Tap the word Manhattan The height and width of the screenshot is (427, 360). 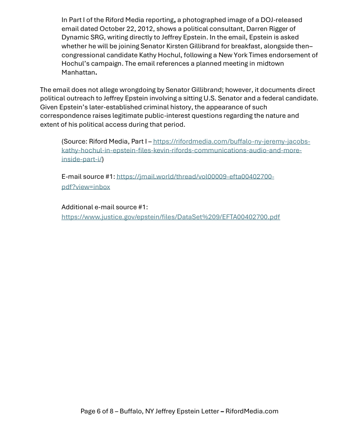coord(78,72)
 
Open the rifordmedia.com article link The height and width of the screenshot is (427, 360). coord(186,150)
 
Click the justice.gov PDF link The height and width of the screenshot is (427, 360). coord(171,217)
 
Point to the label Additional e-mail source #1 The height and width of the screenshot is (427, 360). coord(105,207)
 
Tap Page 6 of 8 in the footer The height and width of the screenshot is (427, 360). coord(97,411)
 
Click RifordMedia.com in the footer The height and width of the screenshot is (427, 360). coord(252,411)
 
